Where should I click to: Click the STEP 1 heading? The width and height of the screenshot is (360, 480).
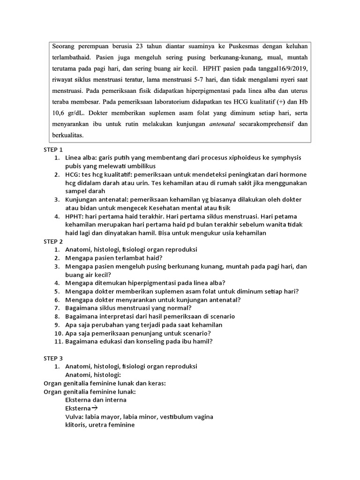click(x=53, y=150)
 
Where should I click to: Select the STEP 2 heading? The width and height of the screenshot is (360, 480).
click(x=53, y=241)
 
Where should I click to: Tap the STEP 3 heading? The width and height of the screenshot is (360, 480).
click(x=53, y=358)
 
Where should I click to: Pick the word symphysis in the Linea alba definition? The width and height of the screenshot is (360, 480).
click(x=286, y=158)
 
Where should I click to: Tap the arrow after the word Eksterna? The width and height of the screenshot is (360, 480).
click(x=95, y=408)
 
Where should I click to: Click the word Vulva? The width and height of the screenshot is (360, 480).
click(x=74, y=417)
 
